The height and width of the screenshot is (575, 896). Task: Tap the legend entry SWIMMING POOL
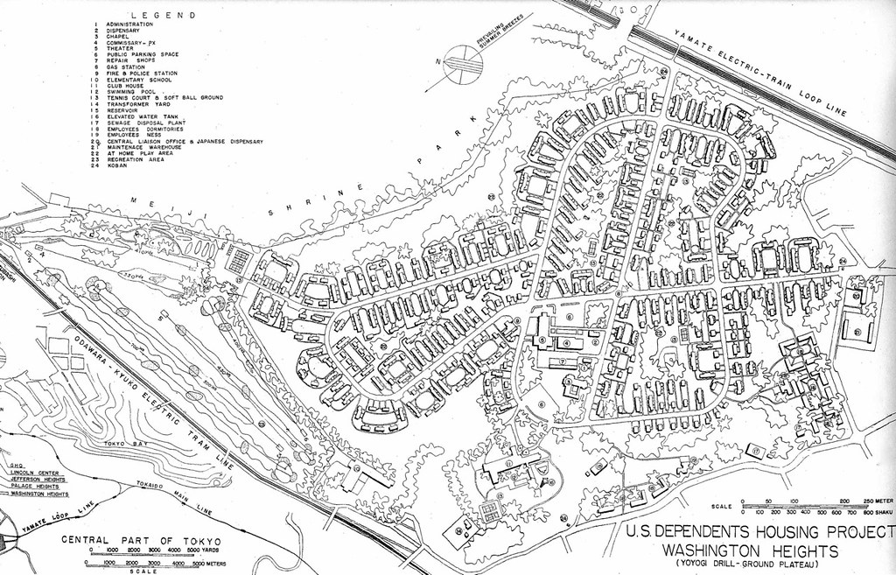130,91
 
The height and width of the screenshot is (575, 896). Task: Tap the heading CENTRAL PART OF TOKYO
141,540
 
